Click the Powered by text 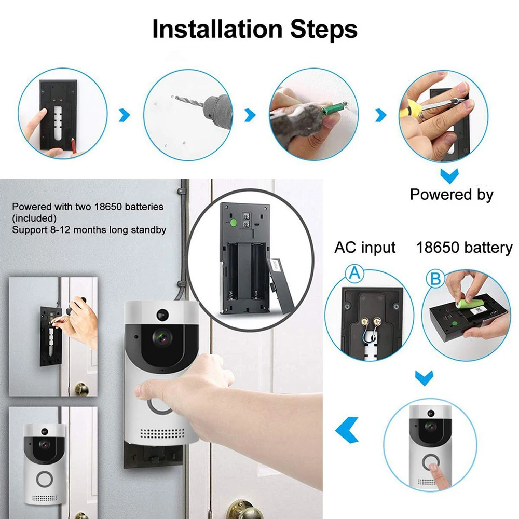tap(452, 195)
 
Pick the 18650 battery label tap(464, 248)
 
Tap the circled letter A tap(355, 272)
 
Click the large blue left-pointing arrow tap(347, 428)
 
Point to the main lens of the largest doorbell tap(162, 337)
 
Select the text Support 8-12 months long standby tap(89, 229)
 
